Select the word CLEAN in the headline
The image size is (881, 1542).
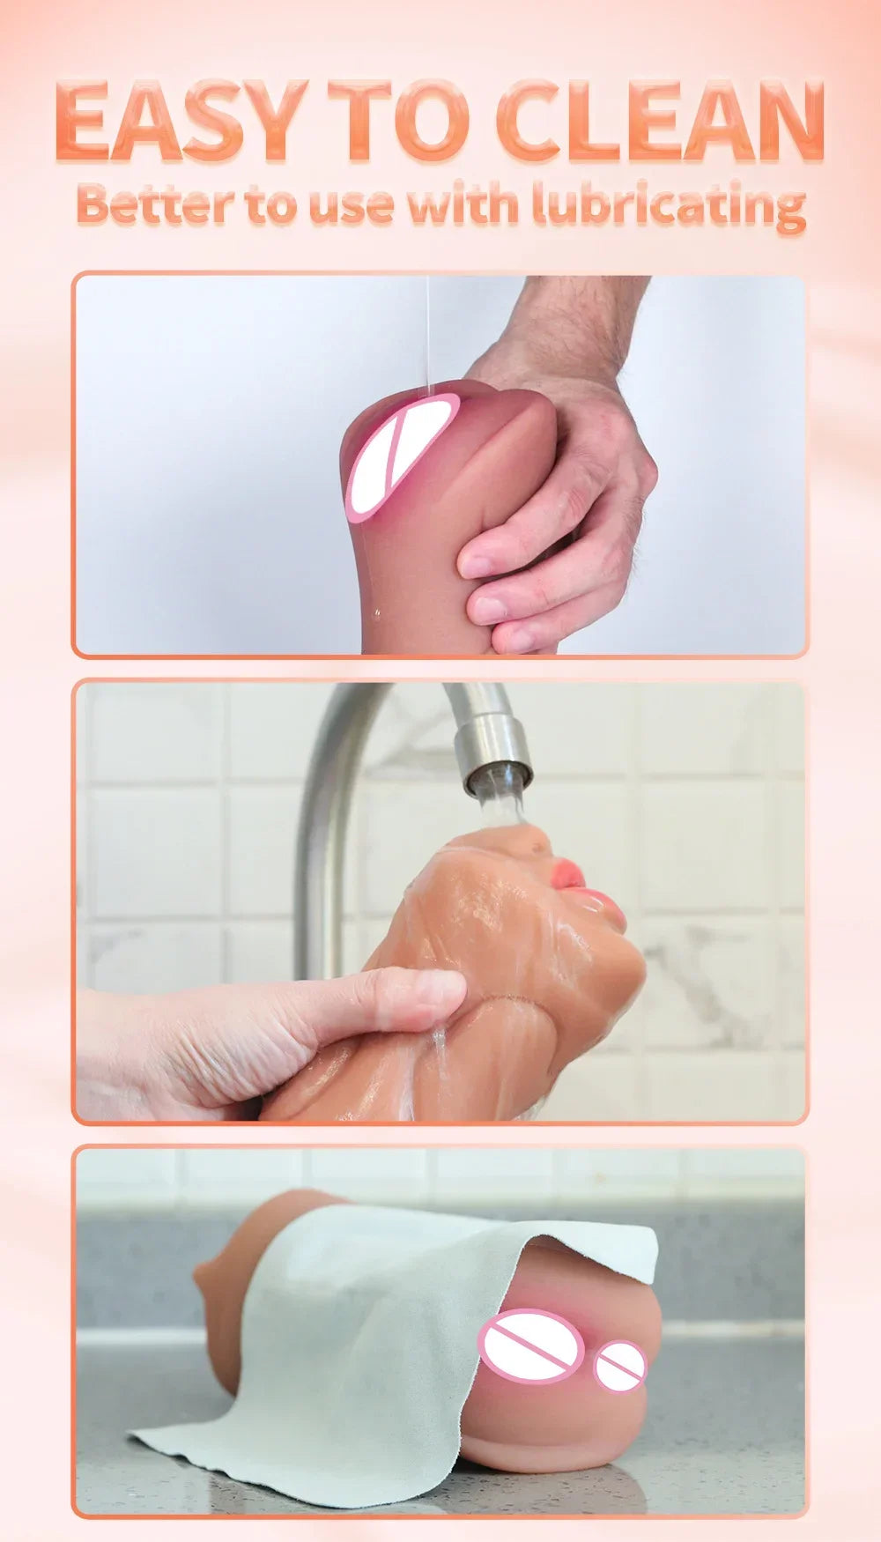pos(661,121)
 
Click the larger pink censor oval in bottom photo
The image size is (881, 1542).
pos(529,1346)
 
